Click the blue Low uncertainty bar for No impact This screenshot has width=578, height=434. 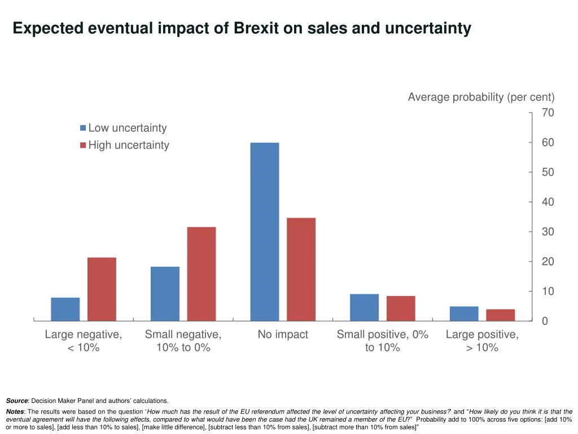pyautogui.click(x=264, y=232)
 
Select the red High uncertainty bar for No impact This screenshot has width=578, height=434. pyautogui.click(x=301, y=269)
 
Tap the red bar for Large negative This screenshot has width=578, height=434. pyautogui.click(x=102, y=289)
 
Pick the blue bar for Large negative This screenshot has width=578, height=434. pyautogui.click(x=65, y=309)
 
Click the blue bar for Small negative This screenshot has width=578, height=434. pyautogui.click(x=165, y=293)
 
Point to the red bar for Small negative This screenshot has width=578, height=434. pyautogui.click(x=202, y=274)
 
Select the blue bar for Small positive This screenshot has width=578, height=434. pyautogui.click(x=364, y=307)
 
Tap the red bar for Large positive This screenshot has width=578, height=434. pyautogui.click(x=501, y=315)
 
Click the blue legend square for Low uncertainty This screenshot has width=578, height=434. pyautogui.click(x=83, y=128)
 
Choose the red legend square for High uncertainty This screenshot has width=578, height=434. pyautogui.click(x=83, y=145)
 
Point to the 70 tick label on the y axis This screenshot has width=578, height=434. pyautogui.click(x=548, y=113)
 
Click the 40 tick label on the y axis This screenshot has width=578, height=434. pyautogui.click(x=548, y=202)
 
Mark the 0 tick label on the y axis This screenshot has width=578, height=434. pyautogui.click(x=545, y=321)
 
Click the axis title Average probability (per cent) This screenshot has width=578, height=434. pyautogui.click(x=481, y=97)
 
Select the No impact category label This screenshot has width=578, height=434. pyautogui.click(x=283, y=335)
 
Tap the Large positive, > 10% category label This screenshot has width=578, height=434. pyautogui.click(x=482, y=341)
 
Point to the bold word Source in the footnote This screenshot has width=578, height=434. pyautogui.click(x=16, y=401)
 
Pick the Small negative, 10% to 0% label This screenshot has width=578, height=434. pyautogui.click(x=183, y=341)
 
